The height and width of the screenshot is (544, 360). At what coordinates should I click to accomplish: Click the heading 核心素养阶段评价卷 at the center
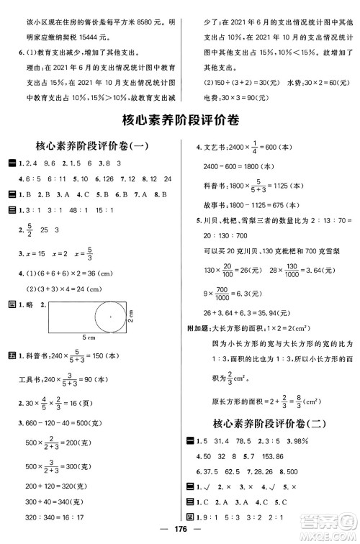179,119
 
